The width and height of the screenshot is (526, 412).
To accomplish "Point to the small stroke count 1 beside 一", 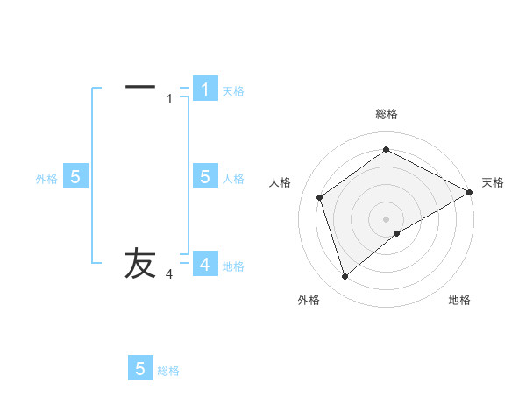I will (169, 99).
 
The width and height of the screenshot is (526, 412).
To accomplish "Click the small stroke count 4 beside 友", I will (169, 275).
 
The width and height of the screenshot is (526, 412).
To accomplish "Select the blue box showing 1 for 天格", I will (205, 89).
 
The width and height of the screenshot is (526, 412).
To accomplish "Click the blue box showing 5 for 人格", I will (205, 177).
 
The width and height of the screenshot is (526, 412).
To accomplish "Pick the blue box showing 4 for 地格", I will (205, 264).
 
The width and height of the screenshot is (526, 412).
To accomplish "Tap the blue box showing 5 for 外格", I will (75, 177).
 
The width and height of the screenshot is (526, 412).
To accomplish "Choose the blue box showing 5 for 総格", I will (140, 369).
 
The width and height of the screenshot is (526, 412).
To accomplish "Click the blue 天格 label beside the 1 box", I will (233, 91).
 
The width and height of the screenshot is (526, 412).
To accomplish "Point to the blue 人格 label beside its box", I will (233, 179).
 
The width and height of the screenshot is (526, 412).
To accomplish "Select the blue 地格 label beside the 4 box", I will (233, 266).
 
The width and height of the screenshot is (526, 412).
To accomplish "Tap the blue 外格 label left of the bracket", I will (46, 179).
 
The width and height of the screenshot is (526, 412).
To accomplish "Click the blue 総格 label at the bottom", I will (168, 371).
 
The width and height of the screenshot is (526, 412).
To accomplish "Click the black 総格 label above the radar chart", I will (387, 114).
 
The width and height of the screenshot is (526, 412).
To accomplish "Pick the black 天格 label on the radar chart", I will (494, 182).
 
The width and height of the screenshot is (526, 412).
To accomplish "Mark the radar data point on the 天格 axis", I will (470, 192).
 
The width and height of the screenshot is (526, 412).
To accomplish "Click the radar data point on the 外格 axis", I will (345, 277).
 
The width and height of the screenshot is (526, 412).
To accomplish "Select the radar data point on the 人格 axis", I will (320, 197).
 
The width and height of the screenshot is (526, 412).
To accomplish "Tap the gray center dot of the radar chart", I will (387, 218).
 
